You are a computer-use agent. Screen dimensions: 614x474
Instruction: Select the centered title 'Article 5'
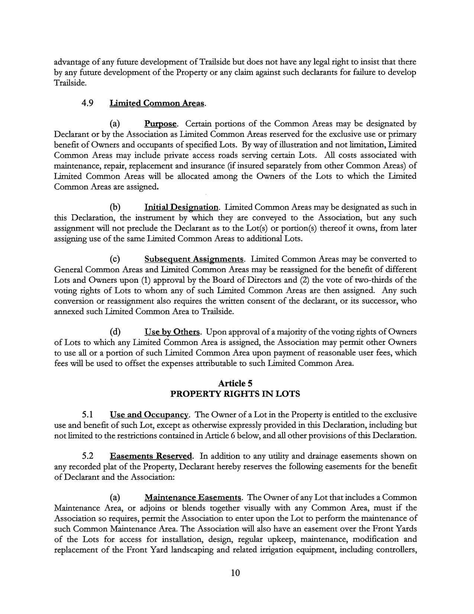[235, 383]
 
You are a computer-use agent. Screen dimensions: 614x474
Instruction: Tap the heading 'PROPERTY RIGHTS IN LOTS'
[235, 394]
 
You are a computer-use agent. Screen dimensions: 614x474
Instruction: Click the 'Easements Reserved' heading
[151, 456]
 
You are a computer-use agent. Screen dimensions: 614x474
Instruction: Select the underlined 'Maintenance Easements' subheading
[193, 498]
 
